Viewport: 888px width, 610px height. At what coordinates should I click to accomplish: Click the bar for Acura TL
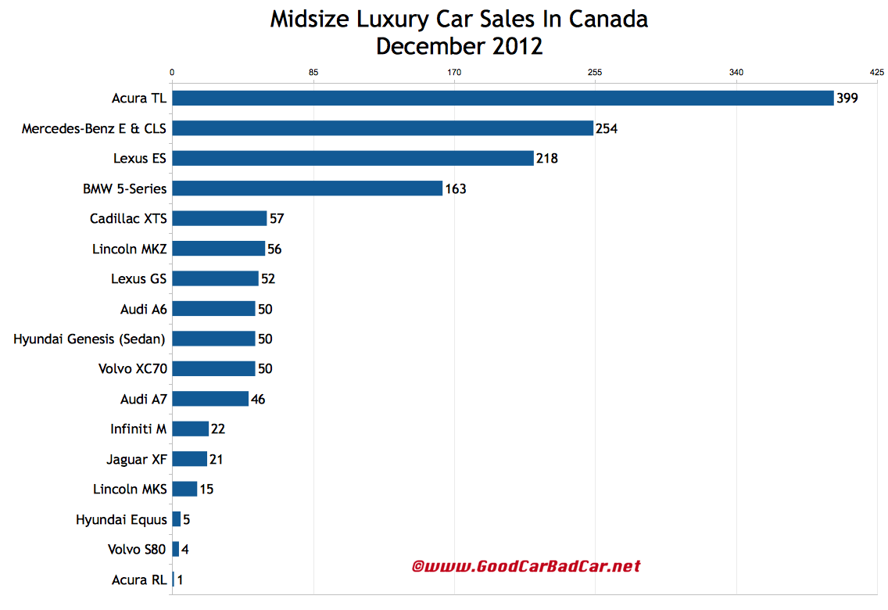pos(503,98)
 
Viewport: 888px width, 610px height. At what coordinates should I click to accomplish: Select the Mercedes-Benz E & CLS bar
pos(382,128)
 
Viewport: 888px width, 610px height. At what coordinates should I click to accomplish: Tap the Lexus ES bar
pos(353,158)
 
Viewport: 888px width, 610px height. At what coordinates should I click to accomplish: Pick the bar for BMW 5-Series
pos(307,188)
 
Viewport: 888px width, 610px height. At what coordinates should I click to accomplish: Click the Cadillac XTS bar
pos(219,218)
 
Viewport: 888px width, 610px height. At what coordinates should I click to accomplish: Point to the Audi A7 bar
pos(210,399)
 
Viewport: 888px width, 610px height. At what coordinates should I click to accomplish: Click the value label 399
pos(847,99)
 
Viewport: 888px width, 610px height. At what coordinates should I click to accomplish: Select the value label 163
pos(456,188)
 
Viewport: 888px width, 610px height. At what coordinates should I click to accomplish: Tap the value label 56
pos(274,249)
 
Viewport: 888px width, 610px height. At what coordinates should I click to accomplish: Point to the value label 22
pos(218,429)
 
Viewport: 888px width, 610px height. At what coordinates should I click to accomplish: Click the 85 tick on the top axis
pos(313,73)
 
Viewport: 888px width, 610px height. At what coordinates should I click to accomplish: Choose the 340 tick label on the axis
pos(736,73)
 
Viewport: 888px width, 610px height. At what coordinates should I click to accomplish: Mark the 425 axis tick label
pos(876,73)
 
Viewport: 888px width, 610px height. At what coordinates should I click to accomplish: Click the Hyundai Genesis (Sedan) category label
pos(90,339)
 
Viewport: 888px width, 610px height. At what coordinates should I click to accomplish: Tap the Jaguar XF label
pos(136,459)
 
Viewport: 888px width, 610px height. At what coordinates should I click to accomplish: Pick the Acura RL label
pos(139,579)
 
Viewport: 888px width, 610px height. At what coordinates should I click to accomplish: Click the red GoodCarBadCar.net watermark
pos(526,565)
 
